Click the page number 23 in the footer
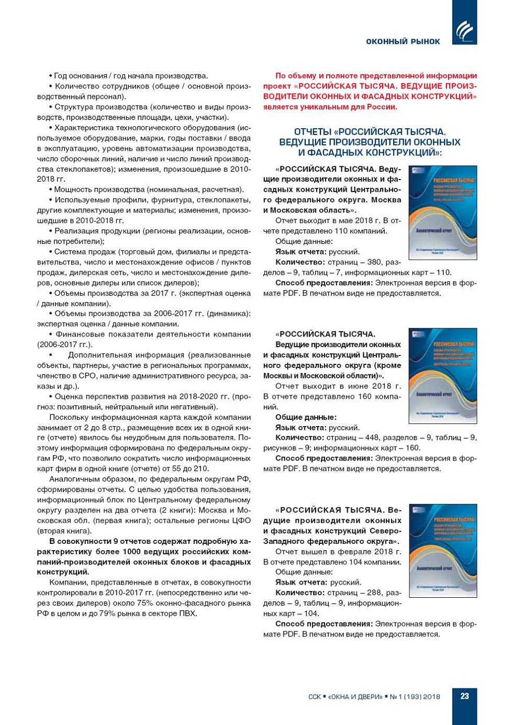464,696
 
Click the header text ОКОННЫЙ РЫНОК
403,41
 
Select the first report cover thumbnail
442,212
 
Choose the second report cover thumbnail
442,375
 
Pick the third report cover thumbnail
442,551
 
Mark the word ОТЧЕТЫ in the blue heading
313,132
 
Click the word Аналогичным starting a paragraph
76,479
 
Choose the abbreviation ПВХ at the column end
188,614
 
